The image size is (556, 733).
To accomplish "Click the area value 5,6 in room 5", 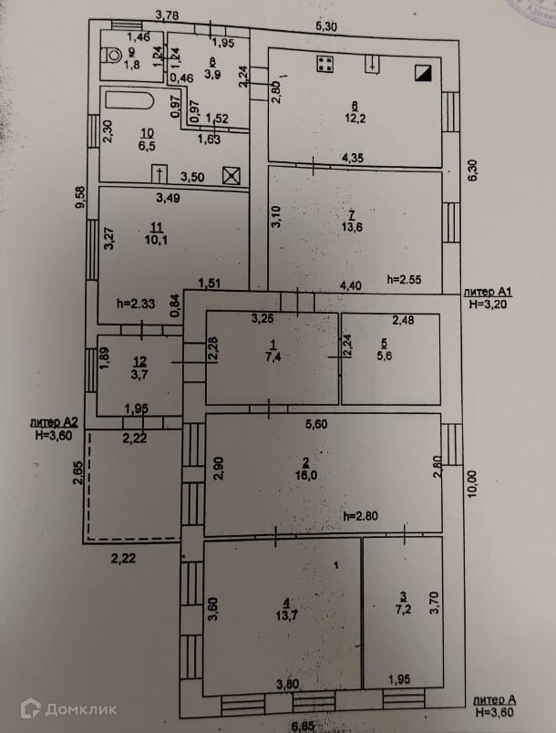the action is click(x=388, y=356).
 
